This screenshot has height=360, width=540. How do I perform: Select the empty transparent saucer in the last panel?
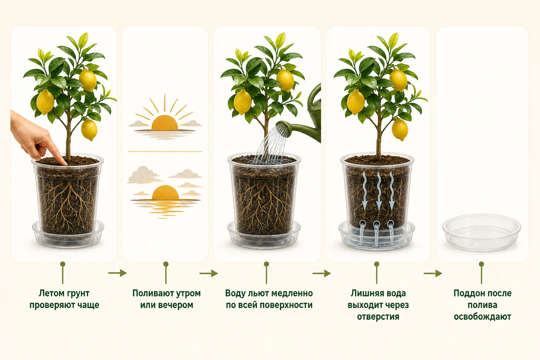[482, 232]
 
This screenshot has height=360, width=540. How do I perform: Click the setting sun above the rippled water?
[165, 192]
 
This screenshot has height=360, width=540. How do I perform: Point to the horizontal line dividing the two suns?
[165, 152]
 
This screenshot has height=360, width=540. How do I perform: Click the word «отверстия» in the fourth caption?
[378, 317]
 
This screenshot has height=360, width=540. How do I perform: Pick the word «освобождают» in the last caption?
[482, 317]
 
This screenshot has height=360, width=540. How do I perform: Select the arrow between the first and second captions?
[117, 273]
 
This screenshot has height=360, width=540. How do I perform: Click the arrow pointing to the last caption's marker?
[433, 274]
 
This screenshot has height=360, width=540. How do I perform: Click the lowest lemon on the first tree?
[89, 130]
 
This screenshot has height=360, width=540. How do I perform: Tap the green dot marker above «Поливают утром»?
[166, 264]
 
